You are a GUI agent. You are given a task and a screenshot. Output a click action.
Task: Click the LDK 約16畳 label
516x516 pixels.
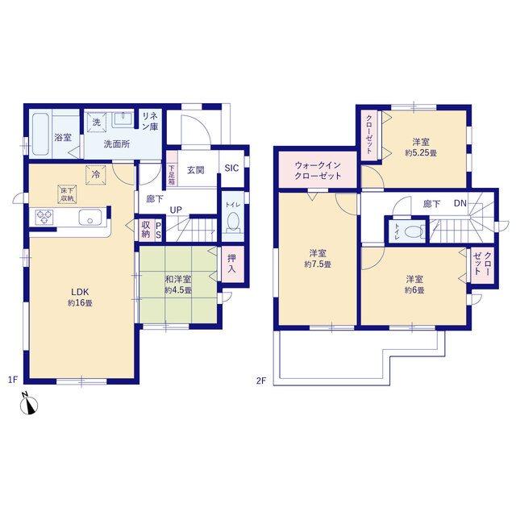(80, 298)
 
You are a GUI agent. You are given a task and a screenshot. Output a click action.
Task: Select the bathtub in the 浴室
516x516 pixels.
(41, 135)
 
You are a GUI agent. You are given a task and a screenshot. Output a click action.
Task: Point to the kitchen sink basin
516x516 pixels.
(89, 218)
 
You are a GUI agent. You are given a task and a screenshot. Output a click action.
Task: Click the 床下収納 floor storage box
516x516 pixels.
(67, 194)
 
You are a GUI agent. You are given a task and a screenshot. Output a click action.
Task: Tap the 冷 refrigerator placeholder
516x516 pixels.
(96, 175)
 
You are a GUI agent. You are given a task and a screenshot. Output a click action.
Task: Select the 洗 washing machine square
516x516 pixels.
(97, 123)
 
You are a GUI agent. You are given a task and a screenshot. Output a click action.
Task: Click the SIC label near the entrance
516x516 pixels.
(231, 169)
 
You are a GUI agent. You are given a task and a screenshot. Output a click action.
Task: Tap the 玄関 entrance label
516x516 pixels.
(196, 170)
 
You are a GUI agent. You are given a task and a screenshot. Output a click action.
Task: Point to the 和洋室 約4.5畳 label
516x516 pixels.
(178, 285)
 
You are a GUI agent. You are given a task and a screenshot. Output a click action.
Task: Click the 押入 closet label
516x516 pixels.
(232, 264)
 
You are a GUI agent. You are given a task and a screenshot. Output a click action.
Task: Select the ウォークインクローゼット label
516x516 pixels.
(318, 170)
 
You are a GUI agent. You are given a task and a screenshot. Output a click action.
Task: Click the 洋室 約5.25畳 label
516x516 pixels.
(421, 148)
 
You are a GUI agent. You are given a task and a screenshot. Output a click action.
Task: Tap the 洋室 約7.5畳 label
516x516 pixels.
(318, 259)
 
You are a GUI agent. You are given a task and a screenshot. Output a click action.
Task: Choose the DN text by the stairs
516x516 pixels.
(460, 203)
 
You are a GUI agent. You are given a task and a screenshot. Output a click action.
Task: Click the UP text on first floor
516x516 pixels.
(176, 210)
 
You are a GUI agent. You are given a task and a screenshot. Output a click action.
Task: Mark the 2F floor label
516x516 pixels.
(261, 381)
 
